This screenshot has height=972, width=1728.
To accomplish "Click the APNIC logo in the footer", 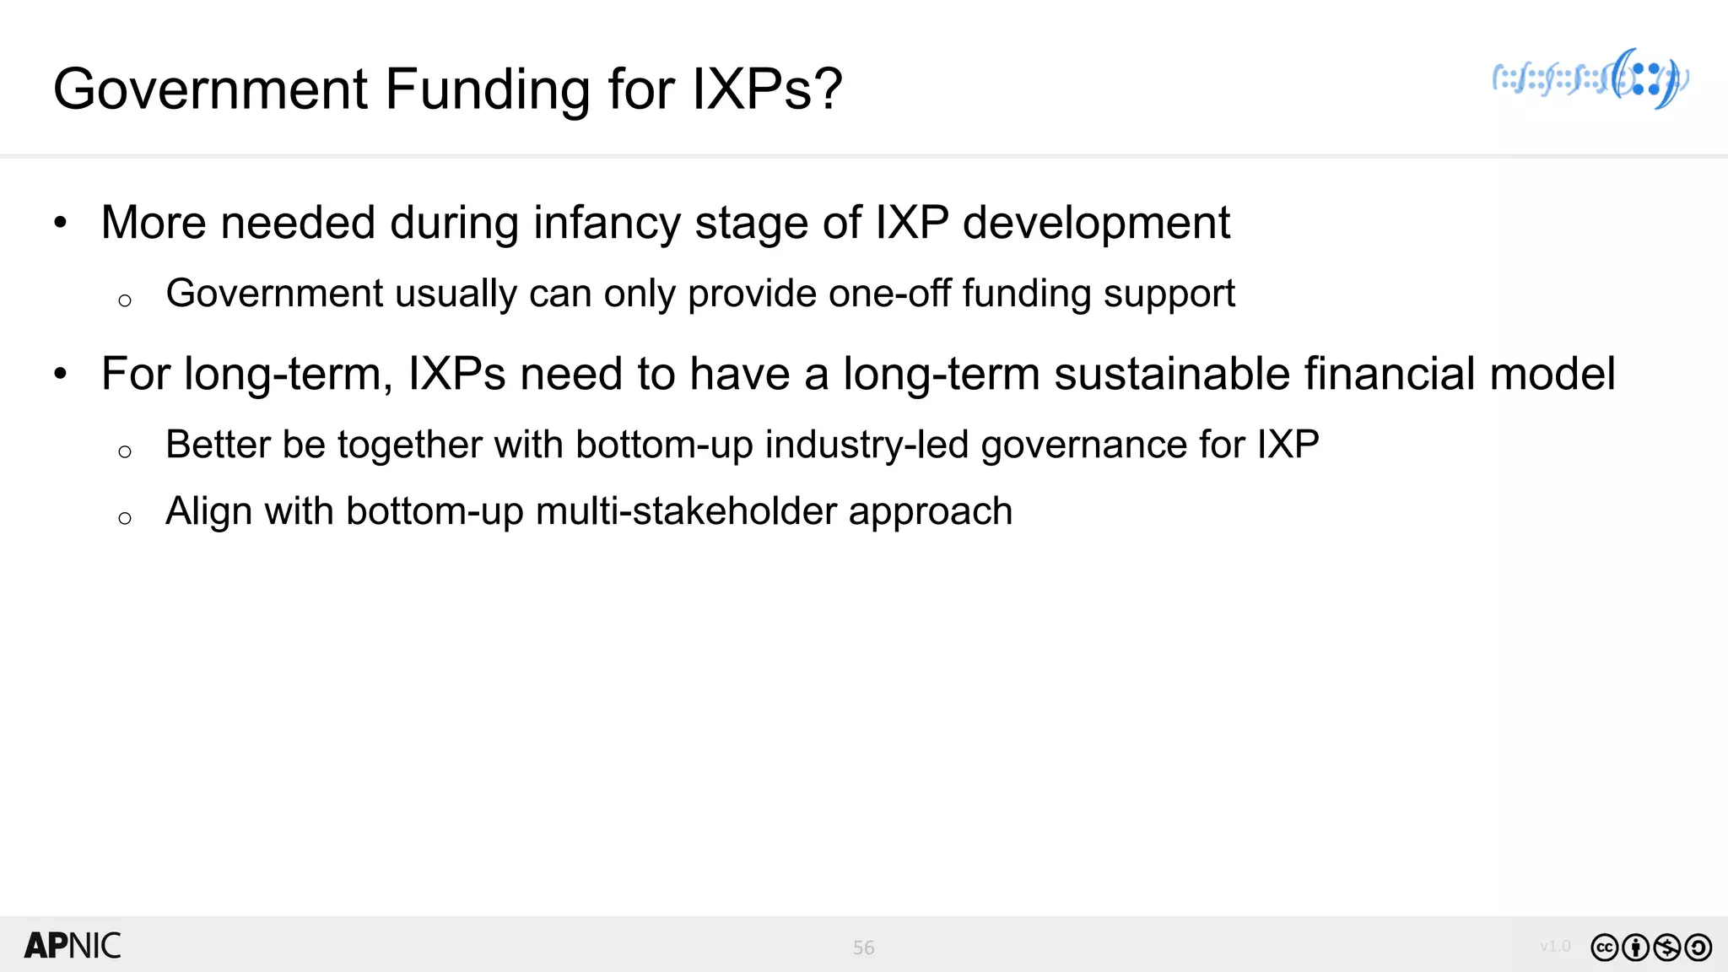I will pyautogui.click(x=73, y=946).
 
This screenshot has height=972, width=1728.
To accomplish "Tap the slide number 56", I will pyautogui.click(x=863, y=948).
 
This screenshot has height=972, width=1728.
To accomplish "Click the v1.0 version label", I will pyautogui.click(x=1554, y=946).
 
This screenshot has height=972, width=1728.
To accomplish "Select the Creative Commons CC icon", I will pyautogui.click(x=1604, y=948).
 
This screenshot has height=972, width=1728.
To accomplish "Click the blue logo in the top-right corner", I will pyautogui.click(x=1590, y=79).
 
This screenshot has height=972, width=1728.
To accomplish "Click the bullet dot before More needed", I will pyautogui.click(x=60, y=224).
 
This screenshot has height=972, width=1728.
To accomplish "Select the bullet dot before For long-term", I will pyautogui.click(x=60, y=375).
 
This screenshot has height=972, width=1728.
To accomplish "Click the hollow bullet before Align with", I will pyautogui.click(x=125, y=517).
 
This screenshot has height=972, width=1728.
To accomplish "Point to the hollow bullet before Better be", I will pyautogui.click(x=125, y=451).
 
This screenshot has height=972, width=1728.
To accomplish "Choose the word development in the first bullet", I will pyautogui.click(x=1096, y=224).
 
